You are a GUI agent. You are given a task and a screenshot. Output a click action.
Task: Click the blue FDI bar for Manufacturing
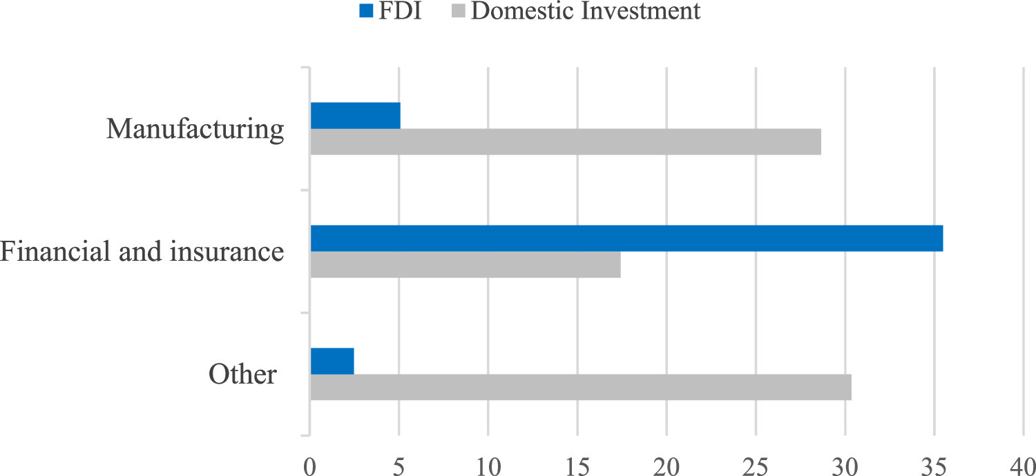(355, 116)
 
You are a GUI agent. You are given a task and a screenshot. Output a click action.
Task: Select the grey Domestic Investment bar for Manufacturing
(566, 141)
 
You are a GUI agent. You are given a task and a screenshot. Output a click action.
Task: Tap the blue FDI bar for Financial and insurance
(626, 239)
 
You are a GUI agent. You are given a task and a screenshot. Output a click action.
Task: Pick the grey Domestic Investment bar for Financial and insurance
(466, 264)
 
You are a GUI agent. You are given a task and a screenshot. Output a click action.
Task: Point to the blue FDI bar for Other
(332, 361)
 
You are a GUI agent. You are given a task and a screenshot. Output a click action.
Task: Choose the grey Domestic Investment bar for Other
(581, 387)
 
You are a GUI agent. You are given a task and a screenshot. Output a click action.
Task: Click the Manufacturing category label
(195, 130)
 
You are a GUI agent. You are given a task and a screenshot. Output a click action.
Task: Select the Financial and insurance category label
(142, 252)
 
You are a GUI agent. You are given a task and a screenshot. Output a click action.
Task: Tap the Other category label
(242, 375)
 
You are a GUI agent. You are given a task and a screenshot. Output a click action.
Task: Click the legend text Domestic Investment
(586, 11)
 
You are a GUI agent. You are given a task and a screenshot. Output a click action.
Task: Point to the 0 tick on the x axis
(310, 462)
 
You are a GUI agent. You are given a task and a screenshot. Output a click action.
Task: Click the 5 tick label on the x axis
(399, 462)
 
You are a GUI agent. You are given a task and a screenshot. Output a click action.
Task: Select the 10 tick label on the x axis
(488, 462)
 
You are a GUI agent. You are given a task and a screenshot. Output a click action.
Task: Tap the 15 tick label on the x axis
(577, 462)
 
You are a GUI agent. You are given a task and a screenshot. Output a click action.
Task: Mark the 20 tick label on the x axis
(666, 462)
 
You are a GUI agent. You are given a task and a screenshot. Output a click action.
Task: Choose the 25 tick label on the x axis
(756, 462)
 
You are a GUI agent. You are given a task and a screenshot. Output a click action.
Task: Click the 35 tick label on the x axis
(934, 462)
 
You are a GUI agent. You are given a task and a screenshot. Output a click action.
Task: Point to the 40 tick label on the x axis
(1023, 462)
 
